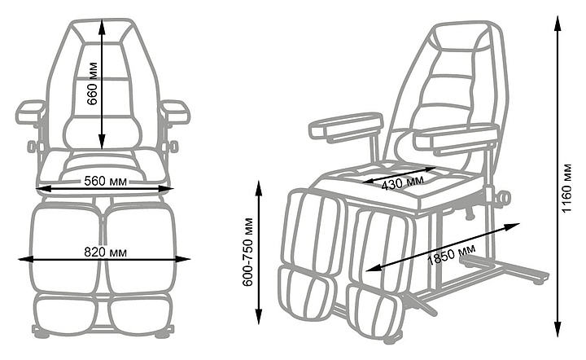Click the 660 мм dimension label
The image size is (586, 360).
pos(94,84)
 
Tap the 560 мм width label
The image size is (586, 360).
pos(103,182)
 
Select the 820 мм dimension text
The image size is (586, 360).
pos(103,252)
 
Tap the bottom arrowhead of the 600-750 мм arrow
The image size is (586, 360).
pos(260,323)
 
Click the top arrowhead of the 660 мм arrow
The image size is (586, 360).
pos(102,22)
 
